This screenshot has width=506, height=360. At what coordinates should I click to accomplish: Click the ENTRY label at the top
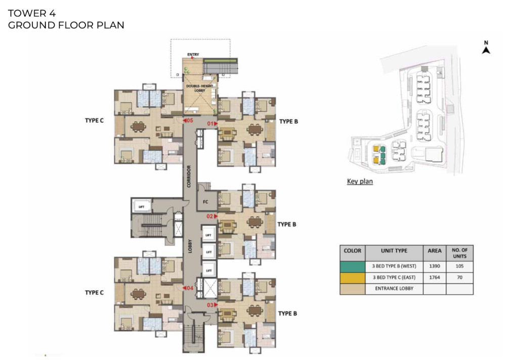[193, 55]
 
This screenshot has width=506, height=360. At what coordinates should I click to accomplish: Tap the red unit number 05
[190, 121]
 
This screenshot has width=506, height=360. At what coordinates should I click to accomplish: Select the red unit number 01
[210, 123]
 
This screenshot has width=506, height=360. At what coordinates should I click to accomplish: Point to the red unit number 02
[210, 216]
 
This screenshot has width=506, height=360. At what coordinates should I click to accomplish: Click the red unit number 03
[210, 305]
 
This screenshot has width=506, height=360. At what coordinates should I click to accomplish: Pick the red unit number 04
[190, 288]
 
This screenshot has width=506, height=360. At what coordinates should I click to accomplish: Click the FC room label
[205, 202]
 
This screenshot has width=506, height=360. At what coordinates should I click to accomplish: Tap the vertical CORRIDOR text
[189, 176]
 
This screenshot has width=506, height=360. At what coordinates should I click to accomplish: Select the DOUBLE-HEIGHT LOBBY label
[200, 88]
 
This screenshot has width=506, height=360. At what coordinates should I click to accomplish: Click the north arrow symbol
[486, 50]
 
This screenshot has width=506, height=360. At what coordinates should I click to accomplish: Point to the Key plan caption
[360, 182]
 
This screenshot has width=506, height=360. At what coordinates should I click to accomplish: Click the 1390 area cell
[435, 266]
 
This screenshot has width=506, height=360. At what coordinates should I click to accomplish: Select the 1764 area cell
[435, 278]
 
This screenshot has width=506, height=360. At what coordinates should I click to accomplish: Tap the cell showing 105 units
[459, 266]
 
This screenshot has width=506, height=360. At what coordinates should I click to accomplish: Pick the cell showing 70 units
[459, 278]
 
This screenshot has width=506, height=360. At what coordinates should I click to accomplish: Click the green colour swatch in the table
[352, 266]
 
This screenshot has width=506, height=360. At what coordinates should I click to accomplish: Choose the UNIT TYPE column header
[394, 251]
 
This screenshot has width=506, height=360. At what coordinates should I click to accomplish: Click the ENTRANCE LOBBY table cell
[394, 289]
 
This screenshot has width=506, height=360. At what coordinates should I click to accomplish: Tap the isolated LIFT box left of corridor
[141, 206]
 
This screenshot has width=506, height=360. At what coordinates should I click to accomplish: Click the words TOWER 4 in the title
[32, 13]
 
